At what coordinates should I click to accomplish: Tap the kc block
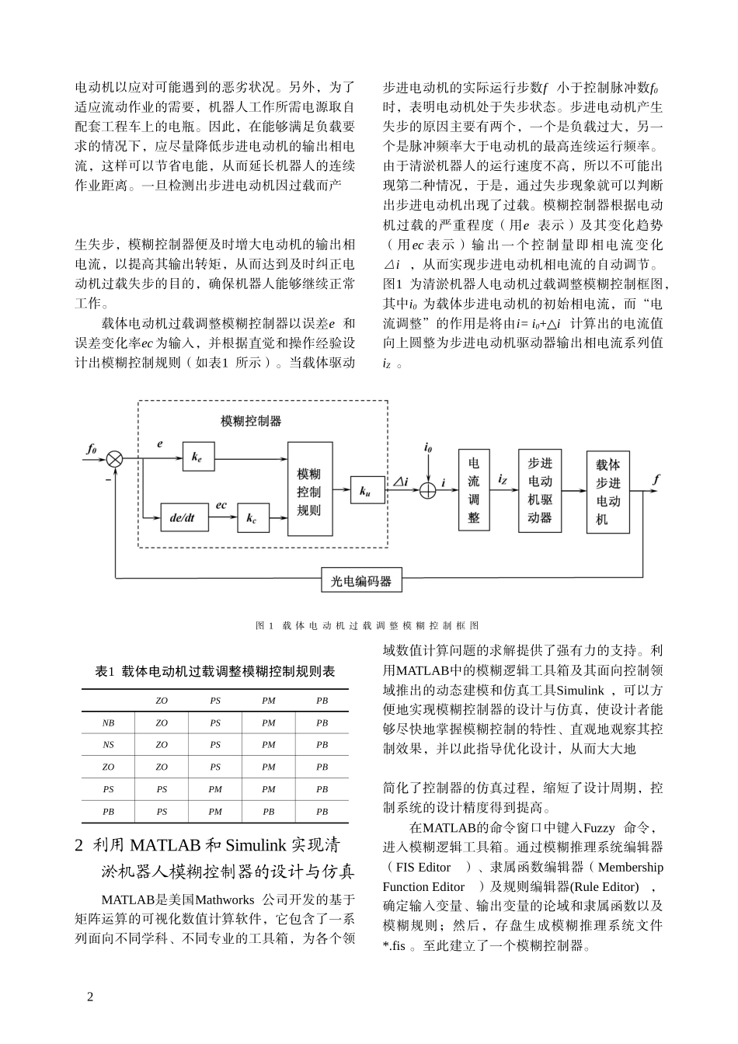(252, 518)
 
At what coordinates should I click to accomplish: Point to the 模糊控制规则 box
(309, 489)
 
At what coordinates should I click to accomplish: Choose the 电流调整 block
(474, 490)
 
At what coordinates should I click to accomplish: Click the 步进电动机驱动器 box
(540, 490)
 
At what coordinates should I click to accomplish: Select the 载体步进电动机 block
(607, 491)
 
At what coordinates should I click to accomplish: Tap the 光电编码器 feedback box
(361, 580)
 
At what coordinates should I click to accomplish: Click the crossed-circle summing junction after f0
(115, 460)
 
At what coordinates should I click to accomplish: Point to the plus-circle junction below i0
(428, 490)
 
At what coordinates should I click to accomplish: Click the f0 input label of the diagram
(91, 448)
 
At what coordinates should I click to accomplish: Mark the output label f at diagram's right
(656, 479)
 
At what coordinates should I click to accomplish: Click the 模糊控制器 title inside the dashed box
(251, 421)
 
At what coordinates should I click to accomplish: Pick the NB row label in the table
(108, 722)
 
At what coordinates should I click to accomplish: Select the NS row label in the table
(108, 744)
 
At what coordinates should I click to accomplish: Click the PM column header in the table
(269, 701)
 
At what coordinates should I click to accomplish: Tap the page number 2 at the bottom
(89, 997)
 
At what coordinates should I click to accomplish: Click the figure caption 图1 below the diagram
(367, 625)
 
